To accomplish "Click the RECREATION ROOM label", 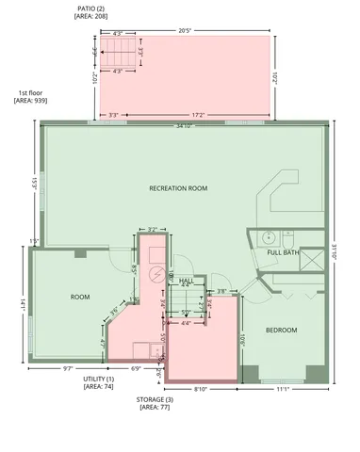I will tap(178, 188).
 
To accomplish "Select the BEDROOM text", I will tap(281, 330).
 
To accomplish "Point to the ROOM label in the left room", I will tap(80, 297).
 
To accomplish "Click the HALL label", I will tap(187, 281).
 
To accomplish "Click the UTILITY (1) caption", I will tap(99, 379).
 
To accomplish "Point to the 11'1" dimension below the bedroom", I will tap(281, 388).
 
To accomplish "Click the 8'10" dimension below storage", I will tap(201, 388).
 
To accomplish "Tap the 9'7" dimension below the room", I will tap(68, 368).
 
